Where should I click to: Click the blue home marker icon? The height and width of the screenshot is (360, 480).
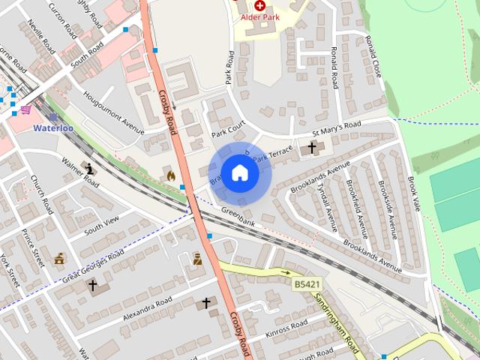click(239, 172)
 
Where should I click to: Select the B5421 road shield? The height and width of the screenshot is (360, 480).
click(307, 285)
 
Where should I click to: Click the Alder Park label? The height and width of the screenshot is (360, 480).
click(260, 16)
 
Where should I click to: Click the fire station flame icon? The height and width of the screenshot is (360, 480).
click(171, 175)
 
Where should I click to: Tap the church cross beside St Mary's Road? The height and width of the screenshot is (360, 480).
click(312, 148)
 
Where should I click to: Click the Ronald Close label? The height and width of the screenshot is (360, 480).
click(373, 55)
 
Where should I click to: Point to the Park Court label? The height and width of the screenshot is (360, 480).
click(229, 131)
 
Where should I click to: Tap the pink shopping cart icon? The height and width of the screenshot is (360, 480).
click(25, 109)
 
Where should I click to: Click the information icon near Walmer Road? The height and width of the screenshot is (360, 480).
click(91, 168)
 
